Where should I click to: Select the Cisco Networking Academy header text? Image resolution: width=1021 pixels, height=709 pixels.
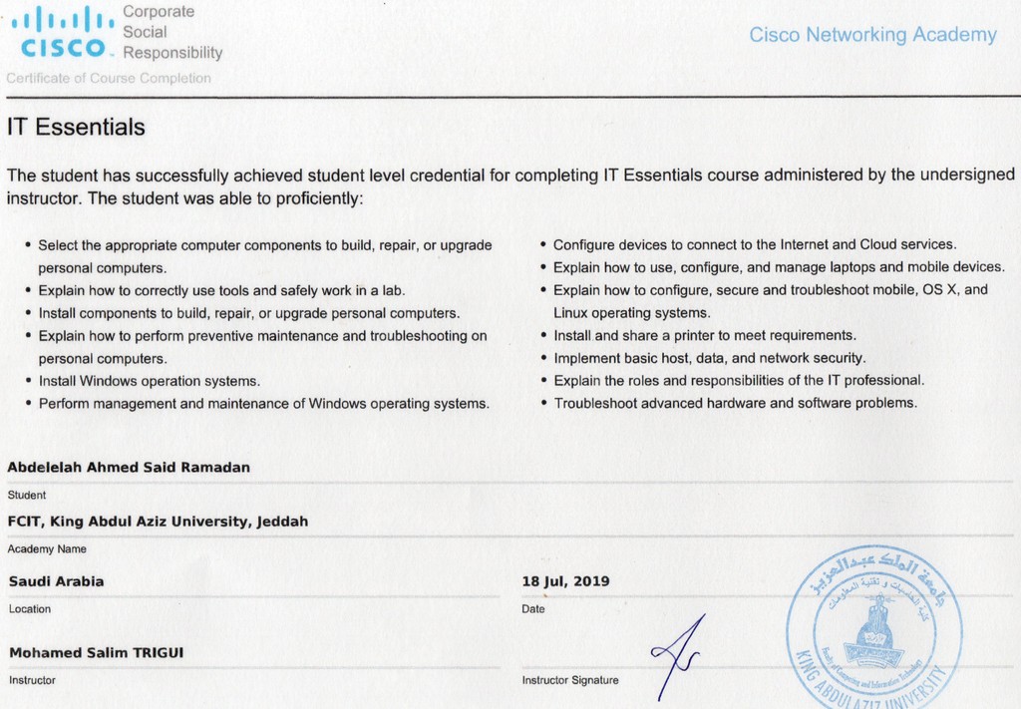pyautogui.click(x=872, y=35)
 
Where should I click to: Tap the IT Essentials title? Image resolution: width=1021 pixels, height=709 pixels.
pyautogui.click(x=76, y=128)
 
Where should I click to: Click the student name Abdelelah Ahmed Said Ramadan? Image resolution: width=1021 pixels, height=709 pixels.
pyautogui.click(x=129, y=467)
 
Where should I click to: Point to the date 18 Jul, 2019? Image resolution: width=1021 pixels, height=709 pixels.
pyautogui.click(x=565, y=581)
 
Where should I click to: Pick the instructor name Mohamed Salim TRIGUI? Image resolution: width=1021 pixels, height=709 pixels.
pyautogui.click(x=96, y=653)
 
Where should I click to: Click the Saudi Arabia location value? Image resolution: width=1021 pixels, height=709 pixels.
pyautogui.click(x=56, y=581)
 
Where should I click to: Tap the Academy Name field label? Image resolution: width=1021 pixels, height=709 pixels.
pyautogui.click(x=47, y=548)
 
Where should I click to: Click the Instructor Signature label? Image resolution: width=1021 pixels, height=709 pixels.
pyautogui.click(x=570, y=680)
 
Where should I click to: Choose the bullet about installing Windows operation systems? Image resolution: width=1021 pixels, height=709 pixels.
pyautogui.click(x=149, y=381)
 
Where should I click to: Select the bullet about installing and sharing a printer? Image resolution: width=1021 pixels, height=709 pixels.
pyautogui.click(x=704, y=335)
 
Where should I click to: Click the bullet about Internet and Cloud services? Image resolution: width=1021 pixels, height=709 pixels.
pyautogui.click(x=754, y=244)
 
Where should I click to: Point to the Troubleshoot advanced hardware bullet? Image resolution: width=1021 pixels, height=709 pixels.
pyautogui.click(x=735, y=403)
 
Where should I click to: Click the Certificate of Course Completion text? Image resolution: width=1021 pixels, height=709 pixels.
pyautogui.click(x=109, y=78)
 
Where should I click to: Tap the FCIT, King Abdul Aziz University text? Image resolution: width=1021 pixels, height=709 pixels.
pyautogui.click(x=158, y=522)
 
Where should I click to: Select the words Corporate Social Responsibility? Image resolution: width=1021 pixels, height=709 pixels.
pyautogui.click(x=171, y=32)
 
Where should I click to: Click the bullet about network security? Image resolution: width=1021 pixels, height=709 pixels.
pyautogui.click(x=709, y=357)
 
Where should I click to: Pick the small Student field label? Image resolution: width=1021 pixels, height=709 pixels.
pyautogui.click(x=27, y=494)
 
